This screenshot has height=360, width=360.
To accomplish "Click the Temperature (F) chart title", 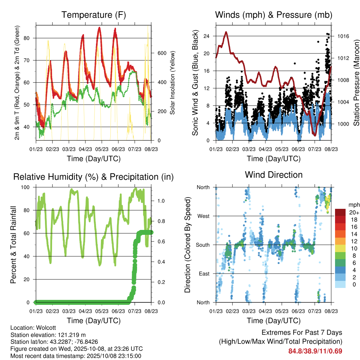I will coord(94,15).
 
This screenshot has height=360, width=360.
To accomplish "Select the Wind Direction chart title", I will coord(274,175).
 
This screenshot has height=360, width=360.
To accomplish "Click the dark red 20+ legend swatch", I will coord(340,212).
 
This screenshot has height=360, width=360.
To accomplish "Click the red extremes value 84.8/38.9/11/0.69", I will coord(315,351).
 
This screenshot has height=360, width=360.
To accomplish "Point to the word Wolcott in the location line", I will coord(44,327).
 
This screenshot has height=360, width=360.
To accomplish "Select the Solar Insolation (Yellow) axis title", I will coord(173,83).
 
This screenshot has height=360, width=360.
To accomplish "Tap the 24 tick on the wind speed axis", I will coord(206,36).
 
